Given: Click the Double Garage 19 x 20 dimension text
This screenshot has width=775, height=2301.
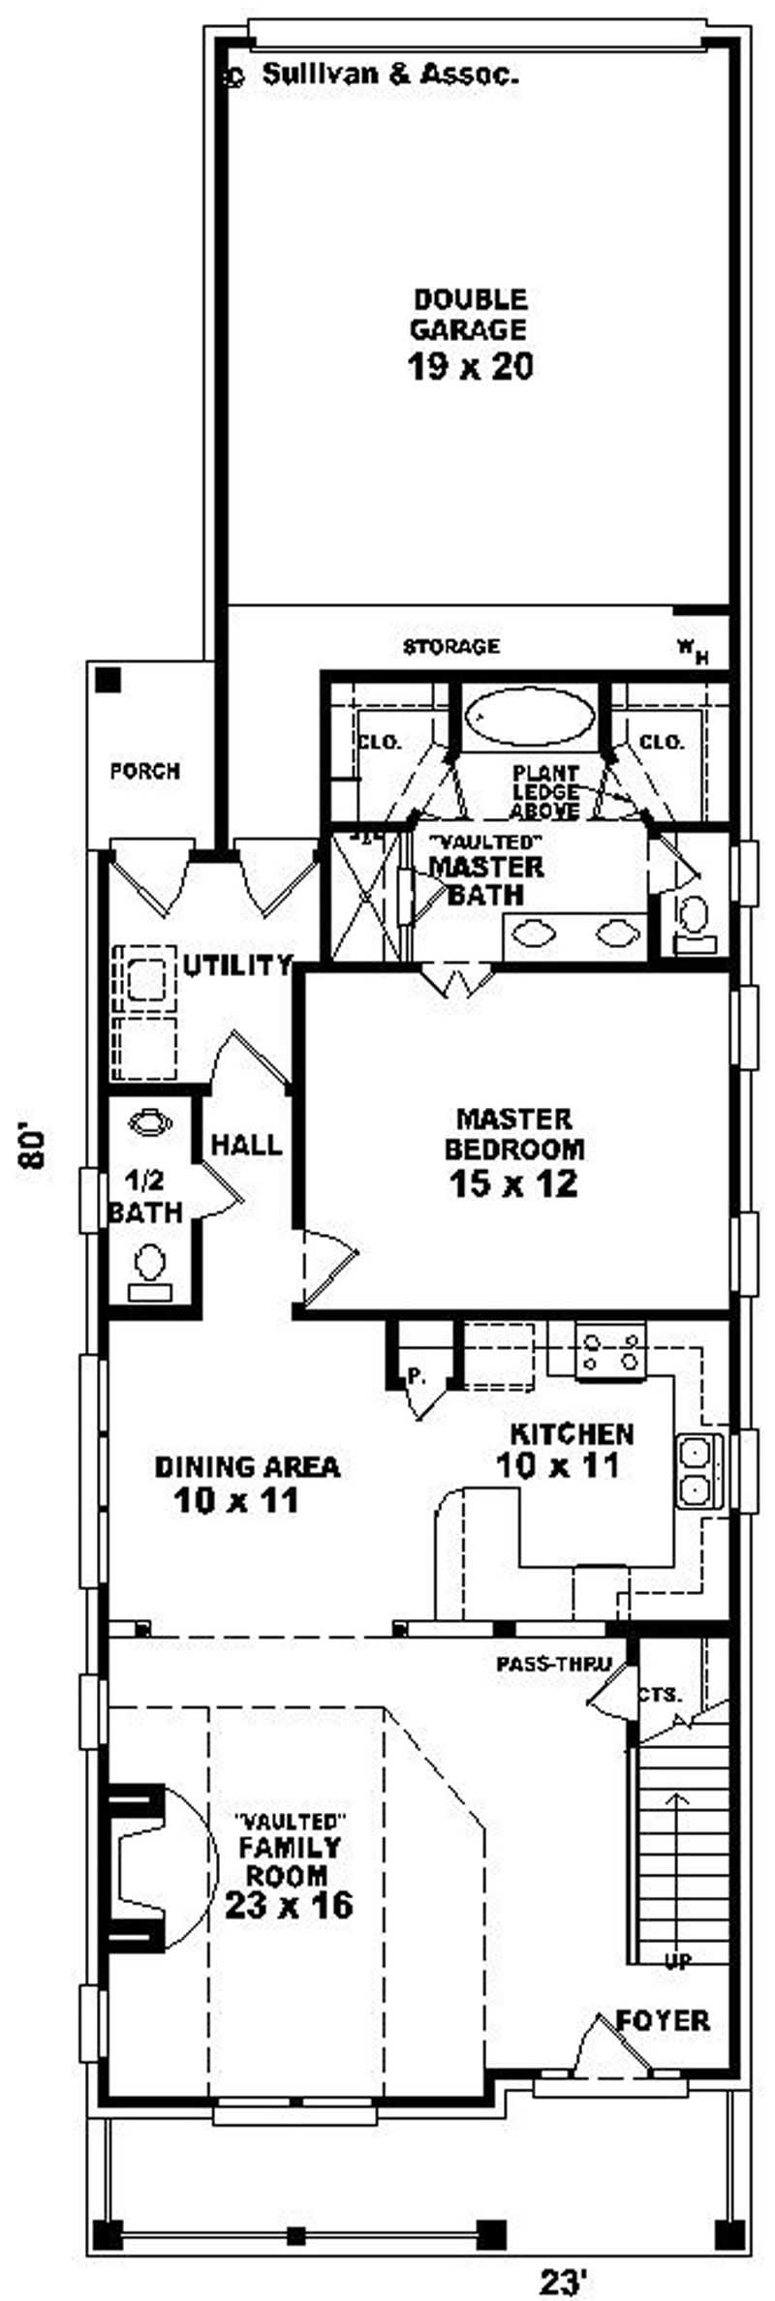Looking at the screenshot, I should (471, 367).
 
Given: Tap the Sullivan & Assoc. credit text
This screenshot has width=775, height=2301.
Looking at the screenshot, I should (390, 74).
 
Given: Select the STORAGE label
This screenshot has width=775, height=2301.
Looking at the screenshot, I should (451, 646).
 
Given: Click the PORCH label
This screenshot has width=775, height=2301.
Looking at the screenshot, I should (145, 771).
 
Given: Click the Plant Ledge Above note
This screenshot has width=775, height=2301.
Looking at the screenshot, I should (545, 792).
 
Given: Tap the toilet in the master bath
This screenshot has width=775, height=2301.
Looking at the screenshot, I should (694, 921).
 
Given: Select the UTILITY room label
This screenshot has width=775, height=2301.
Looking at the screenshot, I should (237, 965).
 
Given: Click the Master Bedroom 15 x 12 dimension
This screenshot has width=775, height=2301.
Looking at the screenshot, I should (513, 1183).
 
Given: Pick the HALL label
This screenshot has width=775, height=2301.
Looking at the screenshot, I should (247, 1145).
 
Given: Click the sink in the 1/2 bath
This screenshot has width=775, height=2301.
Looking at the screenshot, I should (150, 1121).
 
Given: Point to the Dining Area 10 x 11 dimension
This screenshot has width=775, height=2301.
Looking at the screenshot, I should (236, 1501).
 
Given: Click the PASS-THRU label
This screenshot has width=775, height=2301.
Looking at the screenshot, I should (553, 1665).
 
